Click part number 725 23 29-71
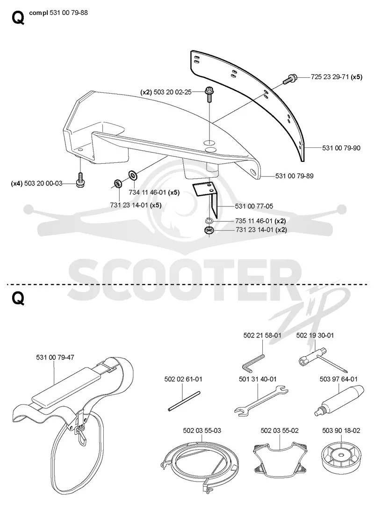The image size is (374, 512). [330, 77]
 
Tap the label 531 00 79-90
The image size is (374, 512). [341, 148]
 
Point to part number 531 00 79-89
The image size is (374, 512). [294, 176]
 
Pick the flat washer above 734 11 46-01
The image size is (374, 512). [133, 175]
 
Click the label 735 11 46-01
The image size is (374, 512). [254, 221]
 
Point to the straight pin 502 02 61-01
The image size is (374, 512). [184, 401]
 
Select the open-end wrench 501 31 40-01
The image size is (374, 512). [261, 401]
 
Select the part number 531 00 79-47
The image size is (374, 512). [55, 357]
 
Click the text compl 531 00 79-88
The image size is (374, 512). [58, 13]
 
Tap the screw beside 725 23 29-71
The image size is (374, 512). [290, 79]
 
